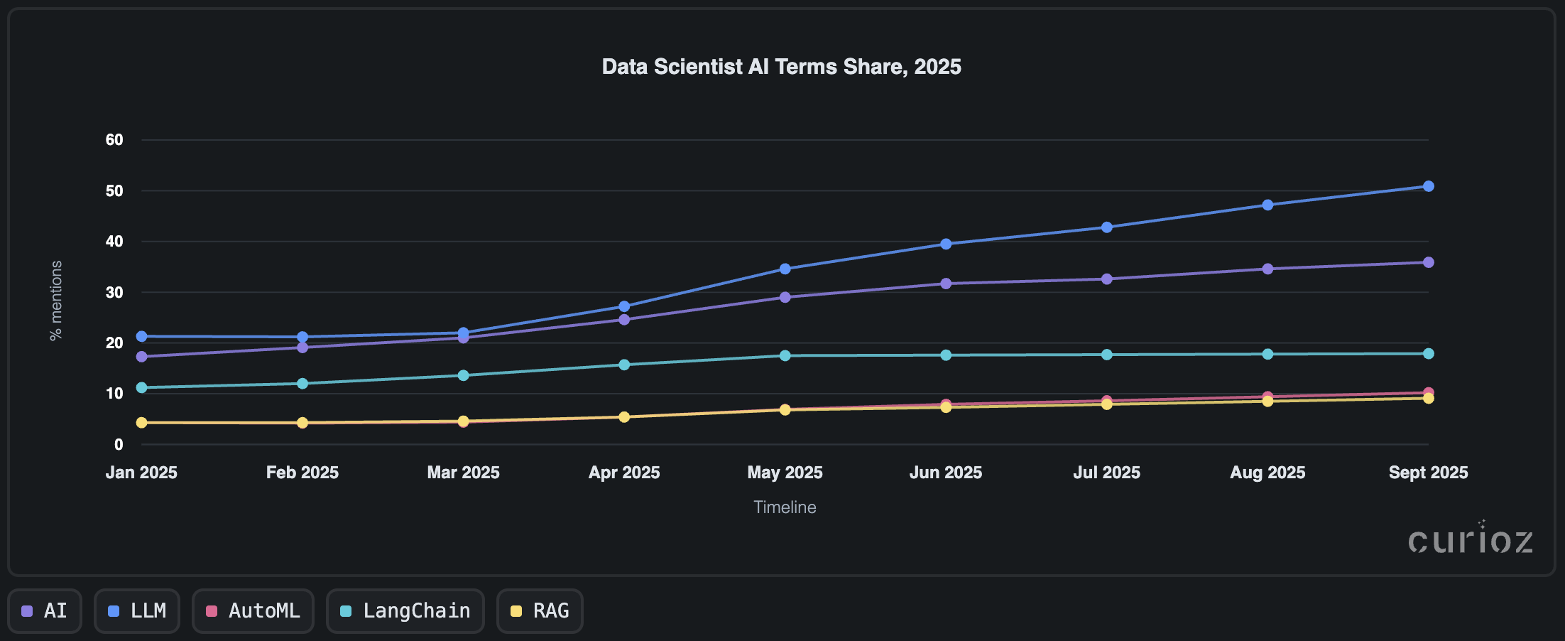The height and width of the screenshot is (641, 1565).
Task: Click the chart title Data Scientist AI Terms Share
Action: coord(781,67)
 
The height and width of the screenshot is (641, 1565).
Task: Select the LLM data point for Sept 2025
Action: coord(1428,186)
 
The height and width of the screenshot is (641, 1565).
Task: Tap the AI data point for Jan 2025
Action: coord(142,357)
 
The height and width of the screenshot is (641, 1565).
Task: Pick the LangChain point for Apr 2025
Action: coord(624,365)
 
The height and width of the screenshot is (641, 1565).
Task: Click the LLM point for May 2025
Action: coord(785,269)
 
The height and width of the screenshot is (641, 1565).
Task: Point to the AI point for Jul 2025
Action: coord(1106,279)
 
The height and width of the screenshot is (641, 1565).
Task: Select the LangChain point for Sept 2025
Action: coord(1428,354)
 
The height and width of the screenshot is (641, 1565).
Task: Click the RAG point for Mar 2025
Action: coord(463,421)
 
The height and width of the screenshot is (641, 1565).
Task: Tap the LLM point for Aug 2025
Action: coord(1267,205)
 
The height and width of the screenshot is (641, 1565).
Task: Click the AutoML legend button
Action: coord(253,611)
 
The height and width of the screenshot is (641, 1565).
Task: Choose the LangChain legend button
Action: coord(405,611)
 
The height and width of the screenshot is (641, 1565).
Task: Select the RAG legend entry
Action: coord(540,611)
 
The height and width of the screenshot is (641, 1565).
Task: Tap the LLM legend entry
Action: coord(137,611)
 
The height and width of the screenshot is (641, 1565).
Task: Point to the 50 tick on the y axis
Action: coord(114,191)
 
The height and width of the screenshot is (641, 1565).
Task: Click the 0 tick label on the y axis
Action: coord(119,445)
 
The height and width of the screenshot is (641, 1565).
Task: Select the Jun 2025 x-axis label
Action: coord(945,473)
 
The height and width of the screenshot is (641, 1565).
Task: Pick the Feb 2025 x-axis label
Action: coord(302,473)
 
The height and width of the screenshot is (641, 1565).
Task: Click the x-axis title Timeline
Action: coord(785,507)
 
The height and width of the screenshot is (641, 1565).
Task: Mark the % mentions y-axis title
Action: coord(56,301)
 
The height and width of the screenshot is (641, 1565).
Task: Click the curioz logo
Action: coord(1470,540)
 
